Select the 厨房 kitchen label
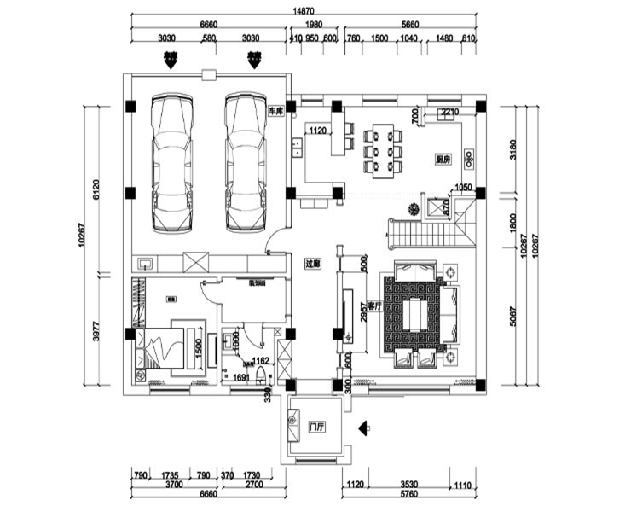click(442, 160)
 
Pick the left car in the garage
click(171, 163)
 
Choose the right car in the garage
click(246, 163)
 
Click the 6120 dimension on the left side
click(95, 189)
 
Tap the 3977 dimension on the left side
click(95, 331)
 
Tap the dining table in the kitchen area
click(382, 148)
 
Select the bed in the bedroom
click(165, 349)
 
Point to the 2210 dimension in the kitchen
click(449, 111)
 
